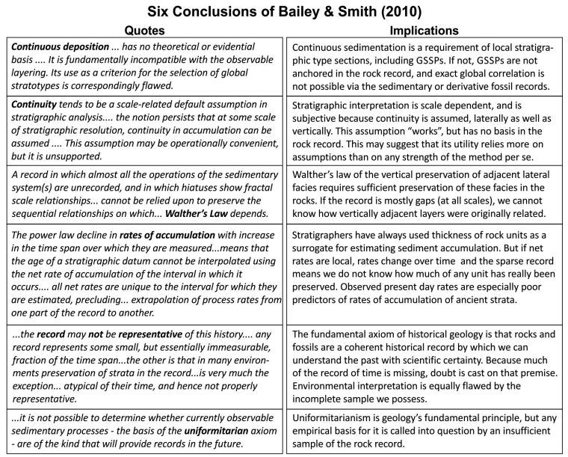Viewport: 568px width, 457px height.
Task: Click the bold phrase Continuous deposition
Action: [60, 46]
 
